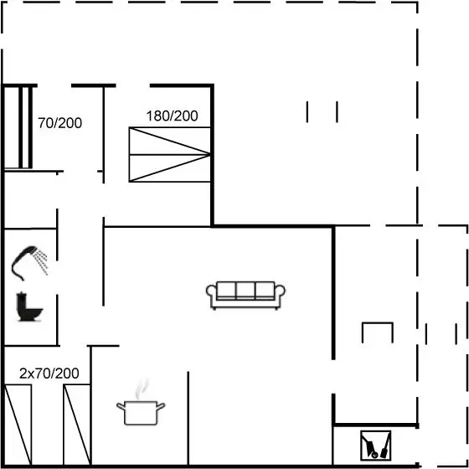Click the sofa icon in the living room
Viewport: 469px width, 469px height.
[x=245, y=295]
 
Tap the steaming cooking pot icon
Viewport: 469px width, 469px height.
[x=141, y=403]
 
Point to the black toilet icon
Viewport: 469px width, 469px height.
[x=29, y=307]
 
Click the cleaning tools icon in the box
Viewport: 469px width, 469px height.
[x=376, y=446]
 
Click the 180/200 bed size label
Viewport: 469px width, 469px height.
[x=172, y=116]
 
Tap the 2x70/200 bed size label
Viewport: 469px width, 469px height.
[x=49, y=374]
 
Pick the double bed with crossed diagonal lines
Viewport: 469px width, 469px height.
[x=170, y=154]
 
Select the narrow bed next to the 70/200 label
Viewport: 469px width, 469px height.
[x=25, y=127]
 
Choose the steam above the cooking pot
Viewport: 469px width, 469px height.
[x=142, y=389]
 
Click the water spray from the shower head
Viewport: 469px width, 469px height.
[x=41, y=260]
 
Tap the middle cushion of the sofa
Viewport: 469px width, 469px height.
[x=245, y=291]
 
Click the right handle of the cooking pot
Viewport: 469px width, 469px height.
[x=161, y=406]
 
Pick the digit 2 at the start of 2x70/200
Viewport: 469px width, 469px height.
[x=23, y=374]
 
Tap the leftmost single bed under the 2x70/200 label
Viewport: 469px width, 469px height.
[x=18, y=425]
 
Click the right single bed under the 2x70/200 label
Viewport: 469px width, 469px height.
[x=77, y=425]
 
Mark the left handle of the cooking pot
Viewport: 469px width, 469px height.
[x=121, y=406]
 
